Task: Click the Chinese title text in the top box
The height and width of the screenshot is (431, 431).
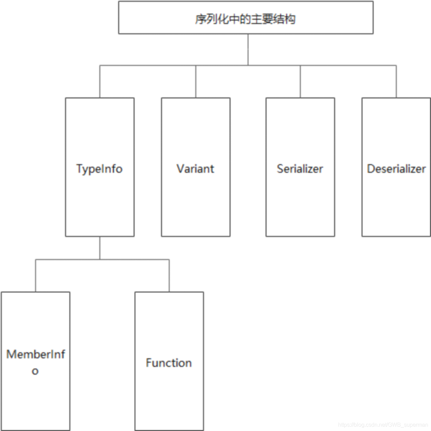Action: coord(245,19)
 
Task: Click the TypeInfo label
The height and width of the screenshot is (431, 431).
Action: coord(99,169)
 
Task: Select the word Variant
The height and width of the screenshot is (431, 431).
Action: coord(195,168)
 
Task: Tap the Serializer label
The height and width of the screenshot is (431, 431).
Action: coord(300,168)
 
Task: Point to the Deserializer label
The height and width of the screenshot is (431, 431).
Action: coord(396,168)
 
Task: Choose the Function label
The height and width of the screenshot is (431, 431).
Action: coord(169,363)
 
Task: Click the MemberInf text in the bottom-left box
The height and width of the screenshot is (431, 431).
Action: coord(36,354)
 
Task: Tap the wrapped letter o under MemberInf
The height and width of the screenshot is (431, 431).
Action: coord(35,371)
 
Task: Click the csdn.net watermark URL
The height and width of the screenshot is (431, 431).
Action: coord(383,425)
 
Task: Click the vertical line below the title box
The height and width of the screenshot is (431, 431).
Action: coord(248,49)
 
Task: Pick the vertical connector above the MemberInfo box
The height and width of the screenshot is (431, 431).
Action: coord(36,276)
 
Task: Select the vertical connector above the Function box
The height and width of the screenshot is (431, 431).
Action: coord(169,276)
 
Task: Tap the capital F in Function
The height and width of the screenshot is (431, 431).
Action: coord(148,363)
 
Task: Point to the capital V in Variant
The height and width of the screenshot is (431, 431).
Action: coord(180,168)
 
